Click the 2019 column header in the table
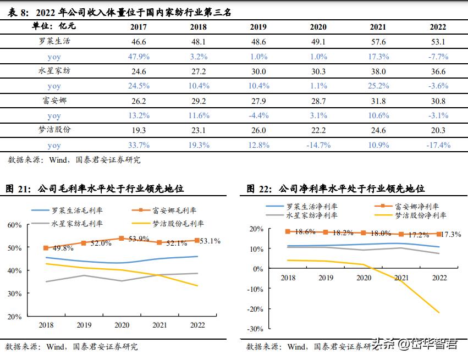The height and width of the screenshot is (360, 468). point(258,27)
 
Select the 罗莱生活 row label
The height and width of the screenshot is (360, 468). point(54,41)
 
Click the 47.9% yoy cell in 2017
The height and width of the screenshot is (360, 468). point(139,56)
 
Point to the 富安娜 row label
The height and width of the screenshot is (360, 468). point(54,101)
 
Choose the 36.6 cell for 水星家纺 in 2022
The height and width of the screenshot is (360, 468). point(438,71)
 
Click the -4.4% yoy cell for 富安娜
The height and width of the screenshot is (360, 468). point(258,115)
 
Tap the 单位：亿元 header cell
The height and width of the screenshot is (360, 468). point(54,26)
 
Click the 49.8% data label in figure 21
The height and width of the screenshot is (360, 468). point(63,248)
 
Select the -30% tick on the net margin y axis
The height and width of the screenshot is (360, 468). point(255,329)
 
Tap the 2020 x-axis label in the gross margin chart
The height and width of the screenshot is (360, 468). point(122,325)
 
